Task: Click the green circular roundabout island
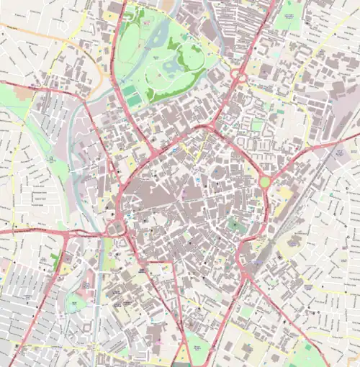264,182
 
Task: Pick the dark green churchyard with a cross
234,225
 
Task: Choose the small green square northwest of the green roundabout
257,125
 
